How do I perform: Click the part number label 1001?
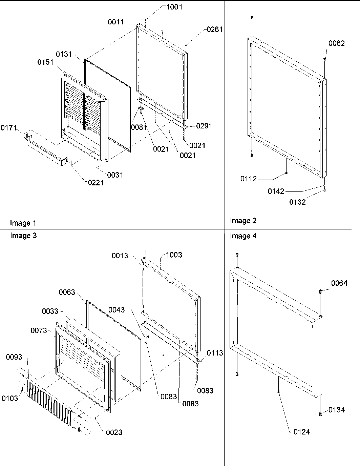click(x=174, y=7)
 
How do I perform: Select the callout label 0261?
click(x=215, y=29)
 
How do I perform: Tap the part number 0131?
click(x=64, y=54)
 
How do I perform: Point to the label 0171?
click(x=9, y=128)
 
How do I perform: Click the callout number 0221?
click(x=96, y=183)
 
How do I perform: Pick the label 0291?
click(x=204, y=126)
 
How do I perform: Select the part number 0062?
click(x=336, y=43)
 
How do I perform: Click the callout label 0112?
click(x=249, y=179)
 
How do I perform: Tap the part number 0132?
click(x=297, y=202)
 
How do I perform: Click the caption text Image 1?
click(x=23, y=223)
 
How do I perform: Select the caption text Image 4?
click(x=243, y=236)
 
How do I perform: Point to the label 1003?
click(x=174, y=255)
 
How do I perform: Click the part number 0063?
click(x=67, y=292)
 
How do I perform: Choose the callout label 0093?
click(x=14, y=357)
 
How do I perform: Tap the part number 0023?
click(x=114, y=432)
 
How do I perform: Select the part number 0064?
click(x=339, y=283)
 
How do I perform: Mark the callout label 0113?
click(x=215, y=353)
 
